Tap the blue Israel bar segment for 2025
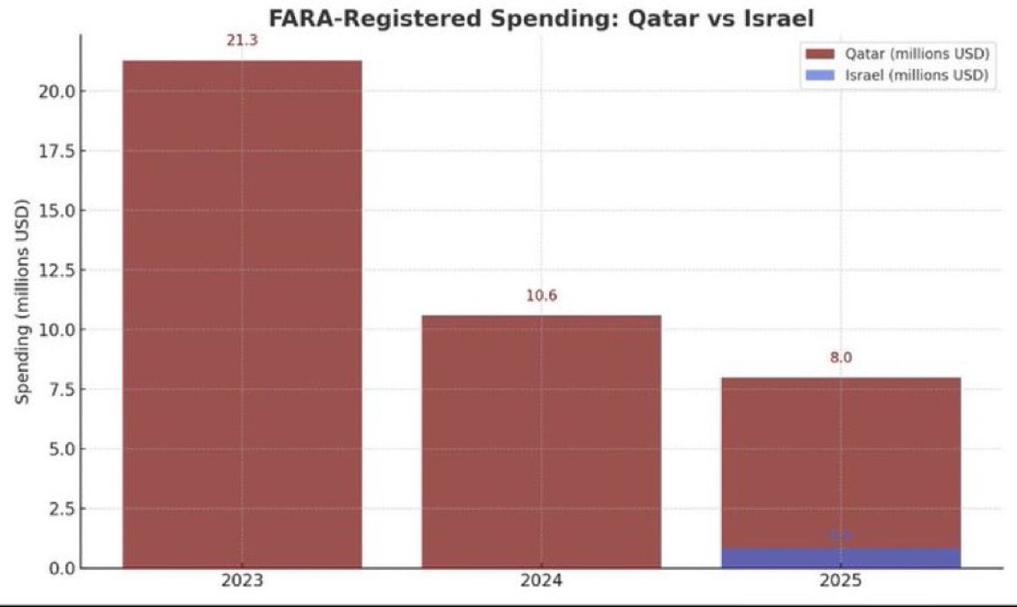[840, 558]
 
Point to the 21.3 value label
[242, 41]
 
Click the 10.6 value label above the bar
[541, 296]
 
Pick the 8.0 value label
[840, 358]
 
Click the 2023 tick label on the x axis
[242, 581]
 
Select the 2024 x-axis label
[541, 581]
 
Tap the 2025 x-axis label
[840, 581]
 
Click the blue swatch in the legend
[819, 75]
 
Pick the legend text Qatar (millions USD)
[916, 55]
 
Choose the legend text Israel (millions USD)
[916, 75]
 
